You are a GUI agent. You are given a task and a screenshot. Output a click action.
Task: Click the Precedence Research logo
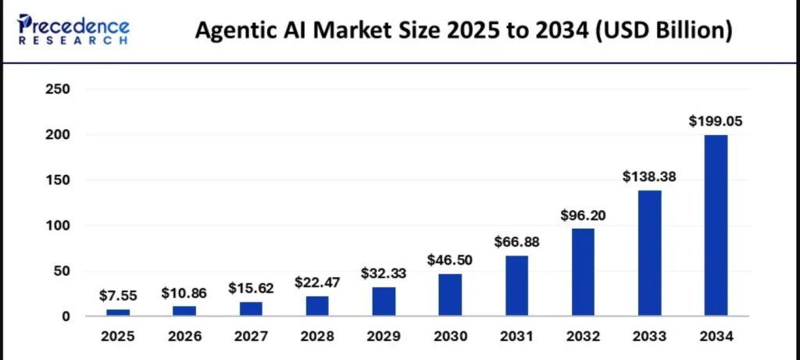pyautogui.click(x=73, y=30)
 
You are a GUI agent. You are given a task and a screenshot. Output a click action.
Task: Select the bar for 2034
pyautogui.click(x=716, y=226)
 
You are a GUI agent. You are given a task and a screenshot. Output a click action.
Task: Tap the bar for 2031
pyautogui.click(x=516, y=286)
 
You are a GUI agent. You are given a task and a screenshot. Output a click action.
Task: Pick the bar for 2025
pyautogui.click(x=118, y=312)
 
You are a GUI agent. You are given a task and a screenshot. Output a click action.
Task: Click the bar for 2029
pyautogui.click(x=384, y=301)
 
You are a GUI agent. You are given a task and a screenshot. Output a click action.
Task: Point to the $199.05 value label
pyautogui.click(x=716, y=121)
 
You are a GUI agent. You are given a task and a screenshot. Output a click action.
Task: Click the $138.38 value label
pyautogui.click(x=649, y=177)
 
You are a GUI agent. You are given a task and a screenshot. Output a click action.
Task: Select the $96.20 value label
pyautogui.click(x=583, y=216)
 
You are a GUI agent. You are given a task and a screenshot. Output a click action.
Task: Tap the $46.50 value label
pyautogui.click(x=450, y=260)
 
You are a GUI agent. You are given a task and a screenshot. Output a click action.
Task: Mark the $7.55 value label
pyautogui.click(x=118, y=295)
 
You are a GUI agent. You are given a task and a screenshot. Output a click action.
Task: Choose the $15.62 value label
pyautogui.click(x=251, y=288)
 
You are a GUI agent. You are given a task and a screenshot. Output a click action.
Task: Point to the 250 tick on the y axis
pyautogui.click(x=58, y=90)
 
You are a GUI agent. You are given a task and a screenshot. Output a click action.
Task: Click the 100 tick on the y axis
pyautogui.click(x=58, y=226)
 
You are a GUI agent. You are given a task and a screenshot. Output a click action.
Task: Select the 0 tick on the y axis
pyautogui.click(x=65, y=316)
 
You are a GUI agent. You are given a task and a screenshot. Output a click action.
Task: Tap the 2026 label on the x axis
pyautogui.click(x=184, y=337)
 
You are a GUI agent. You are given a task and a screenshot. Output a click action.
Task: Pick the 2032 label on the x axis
pyautogui.click(x=583, y=337)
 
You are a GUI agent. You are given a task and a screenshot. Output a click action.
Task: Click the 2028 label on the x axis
pyautogui.click(x=317, y=337)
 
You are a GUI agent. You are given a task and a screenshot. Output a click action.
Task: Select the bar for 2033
pyautogui.click(x=649, y=253)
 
